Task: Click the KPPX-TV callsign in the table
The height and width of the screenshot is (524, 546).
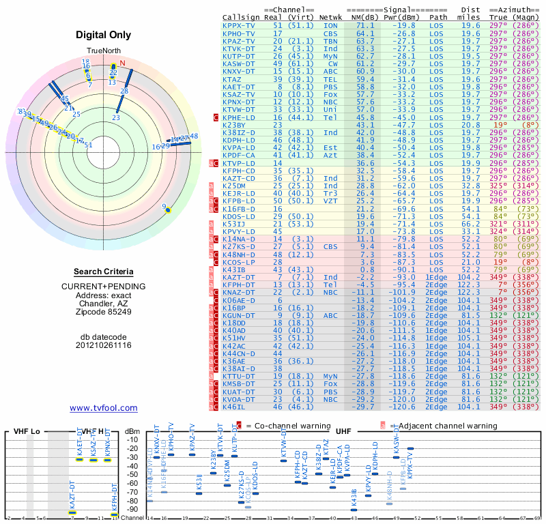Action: pos(239,25)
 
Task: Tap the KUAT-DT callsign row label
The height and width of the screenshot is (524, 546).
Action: pos(239,392)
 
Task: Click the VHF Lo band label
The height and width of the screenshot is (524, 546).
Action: pos(27,431)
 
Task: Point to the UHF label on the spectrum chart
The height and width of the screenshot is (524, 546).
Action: pos(343,431)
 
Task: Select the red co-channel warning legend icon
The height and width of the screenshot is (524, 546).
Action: pos(239,424)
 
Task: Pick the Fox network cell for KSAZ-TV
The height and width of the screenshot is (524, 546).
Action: pos(330,94)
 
